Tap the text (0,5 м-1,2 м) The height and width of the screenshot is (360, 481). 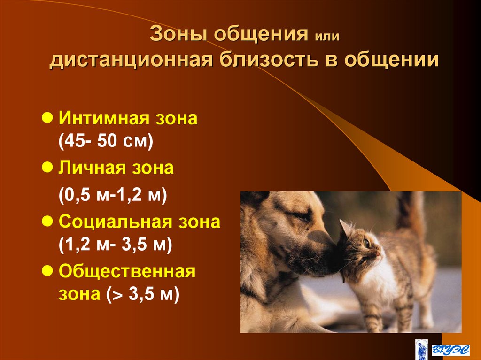[x=113, y=195]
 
